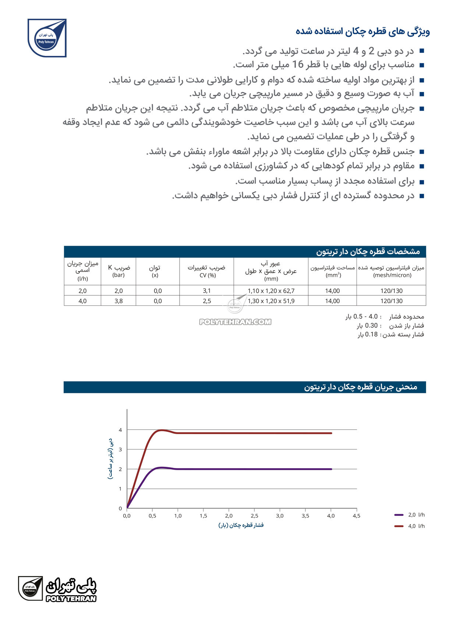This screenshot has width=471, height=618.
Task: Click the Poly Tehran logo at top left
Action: click(47, 38)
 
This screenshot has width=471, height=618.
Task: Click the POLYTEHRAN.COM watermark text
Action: click(235, 322)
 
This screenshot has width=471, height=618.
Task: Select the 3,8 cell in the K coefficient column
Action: click(118, 301)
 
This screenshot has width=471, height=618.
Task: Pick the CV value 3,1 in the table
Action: click(207, 291)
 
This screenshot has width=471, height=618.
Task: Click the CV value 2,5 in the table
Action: click(207, 301)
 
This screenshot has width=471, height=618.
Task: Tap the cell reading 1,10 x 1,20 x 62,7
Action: click(271, 291)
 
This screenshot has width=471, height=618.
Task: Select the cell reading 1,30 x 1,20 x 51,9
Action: click(271, 301)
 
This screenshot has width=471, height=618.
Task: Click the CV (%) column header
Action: click(207, 271)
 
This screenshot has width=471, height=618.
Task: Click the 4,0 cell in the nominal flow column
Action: click(82, 301)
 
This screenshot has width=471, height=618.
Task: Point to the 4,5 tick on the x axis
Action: click(356, 516)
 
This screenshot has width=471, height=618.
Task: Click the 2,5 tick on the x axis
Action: click(254, 516)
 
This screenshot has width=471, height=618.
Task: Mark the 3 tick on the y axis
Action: click(120, 450)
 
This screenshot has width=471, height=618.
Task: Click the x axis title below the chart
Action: click(241, 525)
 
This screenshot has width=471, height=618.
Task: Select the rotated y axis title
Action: click(110, 458)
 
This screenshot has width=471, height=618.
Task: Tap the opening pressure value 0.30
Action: click(371, 326)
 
